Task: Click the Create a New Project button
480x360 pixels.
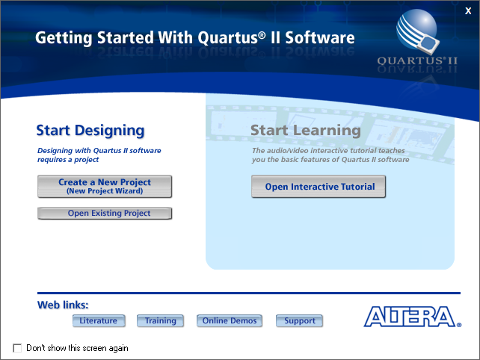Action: click(105, 186)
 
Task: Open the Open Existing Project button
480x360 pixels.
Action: click(105, 214)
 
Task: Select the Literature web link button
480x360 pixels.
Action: click(99, 321)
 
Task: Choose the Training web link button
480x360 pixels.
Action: click(161, 321)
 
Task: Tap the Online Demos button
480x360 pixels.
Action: click(230, 321)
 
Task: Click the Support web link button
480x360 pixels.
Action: click(300, 321)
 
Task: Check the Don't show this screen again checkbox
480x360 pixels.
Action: click(18, 348)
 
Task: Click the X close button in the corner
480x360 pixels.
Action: click(468, 10)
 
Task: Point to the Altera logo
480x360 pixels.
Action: click(412, 317)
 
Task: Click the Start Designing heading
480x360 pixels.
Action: click(90, 131)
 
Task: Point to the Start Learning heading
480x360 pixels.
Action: click(305, 131)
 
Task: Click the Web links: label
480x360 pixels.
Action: click(63, 305)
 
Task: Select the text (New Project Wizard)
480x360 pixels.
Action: click(105, 191)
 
